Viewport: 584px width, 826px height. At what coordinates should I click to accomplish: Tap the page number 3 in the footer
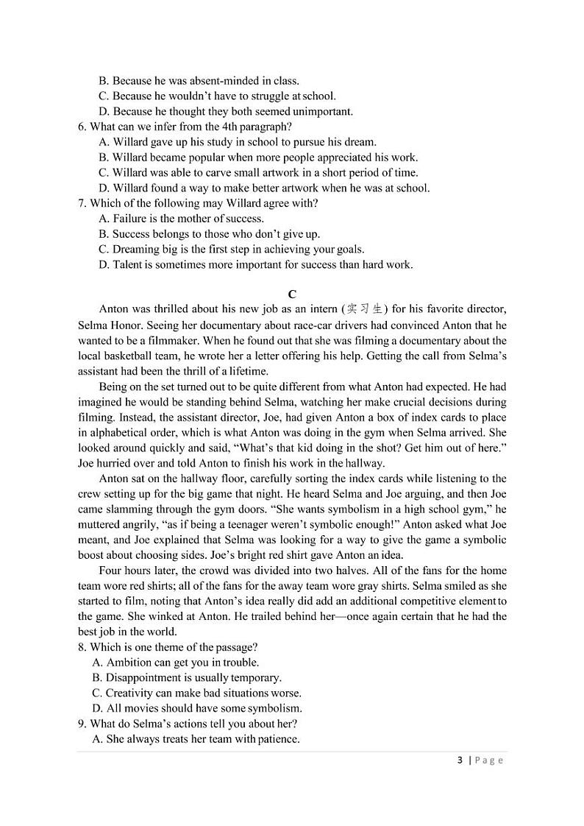460,760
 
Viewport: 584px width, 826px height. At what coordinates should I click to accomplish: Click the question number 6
82,127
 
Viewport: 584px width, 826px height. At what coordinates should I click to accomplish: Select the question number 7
82,203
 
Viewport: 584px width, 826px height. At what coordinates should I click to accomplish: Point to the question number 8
82,647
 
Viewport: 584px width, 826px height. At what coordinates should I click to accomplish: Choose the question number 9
82,724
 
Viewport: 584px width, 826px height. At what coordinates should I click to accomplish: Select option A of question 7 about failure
181,219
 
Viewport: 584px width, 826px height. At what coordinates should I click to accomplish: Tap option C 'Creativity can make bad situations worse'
196,693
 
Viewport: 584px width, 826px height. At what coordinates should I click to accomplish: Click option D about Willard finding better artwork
263,188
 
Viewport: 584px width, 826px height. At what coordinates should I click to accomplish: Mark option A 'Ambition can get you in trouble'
175,663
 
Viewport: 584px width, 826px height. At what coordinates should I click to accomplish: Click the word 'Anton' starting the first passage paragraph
113,309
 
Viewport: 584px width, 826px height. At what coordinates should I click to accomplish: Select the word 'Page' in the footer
489,760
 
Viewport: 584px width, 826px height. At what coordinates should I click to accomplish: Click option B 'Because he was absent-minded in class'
199,81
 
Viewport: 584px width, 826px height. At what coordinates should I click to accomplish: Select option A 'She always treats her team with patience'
196,739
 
